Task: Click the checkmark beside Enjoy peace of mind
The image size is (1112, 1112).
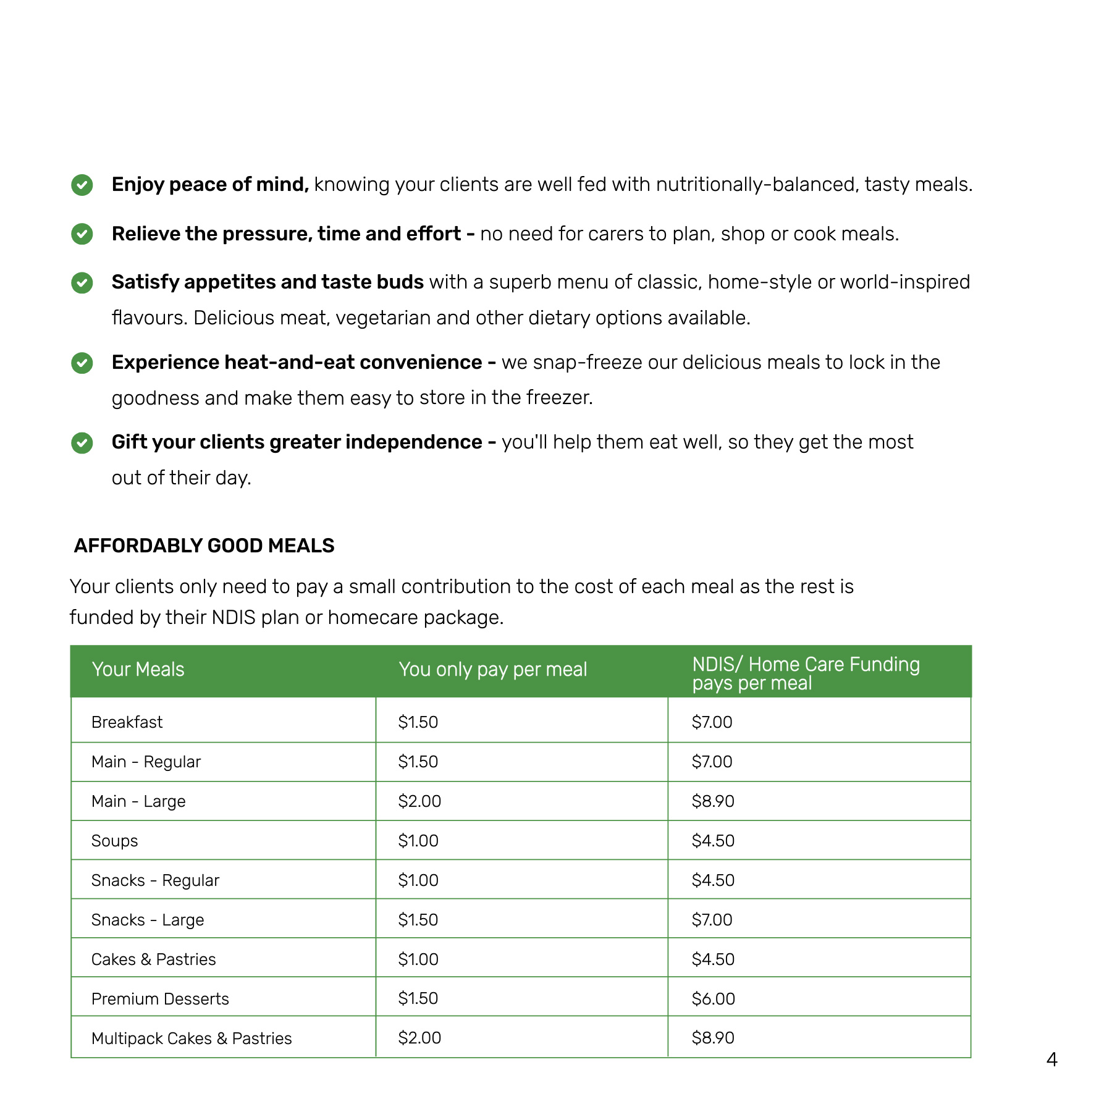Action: [x=82, y=185]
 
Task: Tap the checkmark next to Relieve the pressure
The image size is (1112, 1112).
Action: [x=82, y=234]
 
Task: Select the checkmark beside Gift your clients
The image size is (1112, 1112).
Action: [x=82, y=443]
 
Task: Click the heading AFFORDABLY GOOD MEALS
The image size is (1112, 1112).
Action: [x=204, y=545]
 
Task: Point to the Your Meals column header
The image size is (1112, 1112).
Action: [x=138, y=670]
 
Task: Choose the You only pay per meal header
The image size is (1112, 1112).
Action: [x=492, y=670]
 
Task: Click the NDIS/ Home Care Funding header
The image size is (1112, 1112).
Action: [x=806, y=673]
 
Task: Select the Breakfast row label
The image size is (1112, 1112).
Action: [x=127, y=722]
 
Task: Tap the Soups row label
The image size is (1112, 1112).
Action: [x=114, y=841]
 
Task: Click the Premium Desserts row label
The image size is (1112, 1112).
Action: [x=160, y=999]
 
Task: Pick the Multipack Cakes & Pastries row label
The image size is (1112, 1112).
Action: [x=192, y=1038]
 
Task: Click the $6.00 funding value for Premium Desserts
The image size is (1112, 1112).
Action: [x=713, y=999]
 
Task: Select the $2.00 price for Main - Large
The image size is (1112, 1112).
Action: [x=419, y=801]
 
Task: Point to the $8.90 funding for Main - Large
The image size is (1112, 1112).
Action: [x=713, y=801]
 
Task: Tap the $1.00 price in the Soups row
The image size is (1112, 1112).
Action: [x=418, y=841]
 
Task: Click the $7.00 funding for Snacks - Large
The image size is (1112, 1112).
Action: [x=712, y=920]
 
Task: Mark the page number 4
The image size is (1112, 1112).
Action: [x=1052, y=1060]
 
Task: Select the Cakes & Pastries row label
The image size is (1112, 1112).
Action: [x=153, y=959]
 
